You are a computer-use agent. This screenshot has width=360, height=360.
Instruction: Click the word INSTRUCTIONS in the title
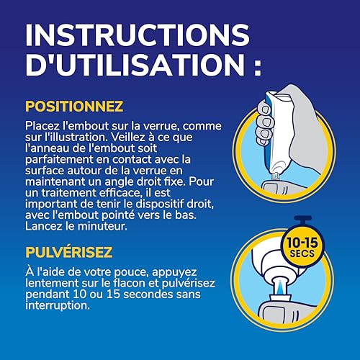tap(137, 36)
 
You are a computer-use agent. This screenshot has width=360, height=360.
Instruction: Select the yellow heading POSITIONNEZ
tap(74, 107)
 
